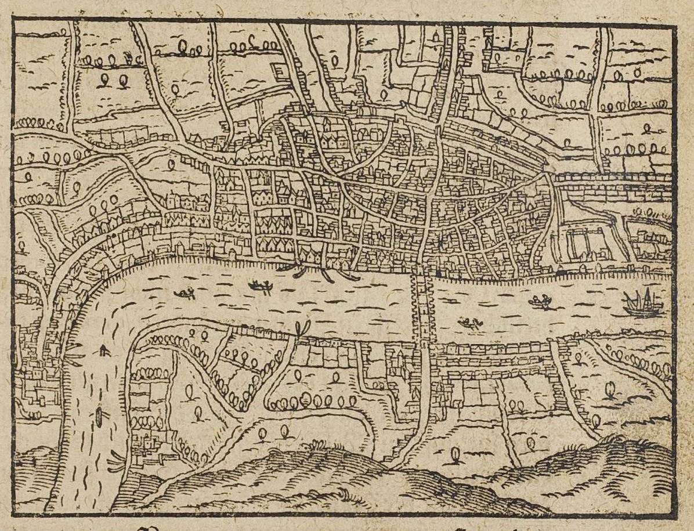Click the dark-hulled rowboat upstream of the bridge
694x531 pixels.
pyautogui.click(x=261, y=285)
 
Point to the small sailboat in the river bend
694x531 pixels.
pyautogui.click(x=103, y=350)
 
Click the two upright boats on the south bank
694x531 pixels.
pyautogui.click(x=302, y=328)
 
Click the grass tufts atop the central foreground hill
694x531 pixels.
pyautogui.click(x=316, y=446)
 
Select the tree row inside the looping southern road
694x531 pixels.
pyautogui.click(x=305, y=401)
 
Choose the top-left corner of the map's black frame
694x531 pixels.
pyautogui.click(x=14, y=19)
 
